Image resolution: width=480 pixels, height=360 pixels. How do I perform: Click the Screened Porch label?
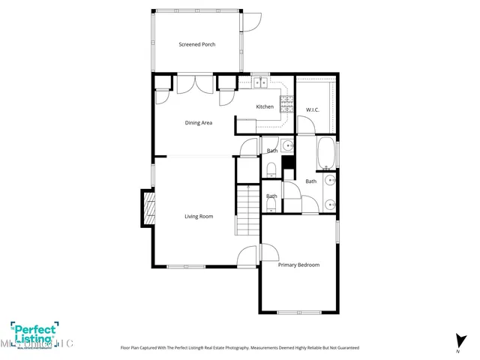point(196,45)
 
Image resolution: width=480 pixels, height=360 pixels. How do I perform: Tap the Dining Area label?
point(198,122)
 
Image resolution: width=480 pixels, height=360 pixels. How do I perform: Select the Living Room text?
point(199,217)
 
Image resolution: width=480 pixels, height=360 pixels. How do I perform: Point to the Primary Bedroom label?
point(298,265)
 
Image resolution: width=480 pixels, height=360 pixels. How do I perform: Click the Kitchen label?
point(265,106)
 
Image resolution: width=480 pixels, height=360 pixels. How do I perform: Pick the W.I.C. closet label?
point(313,110)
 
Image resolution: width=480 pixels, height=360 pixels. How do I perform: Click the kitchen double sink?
point(260,82)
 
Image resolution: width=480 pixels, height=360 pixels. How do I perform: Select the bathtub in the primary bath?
point(327,153)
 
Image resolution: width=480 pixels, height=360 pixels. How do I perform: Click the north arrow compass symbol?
point(457,340)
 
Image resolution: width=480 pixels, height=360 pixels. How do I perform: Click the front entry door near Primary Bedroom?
point(247,257)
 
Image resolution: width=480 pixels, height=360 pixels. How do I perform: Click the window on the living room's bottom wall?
point(186,266)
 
